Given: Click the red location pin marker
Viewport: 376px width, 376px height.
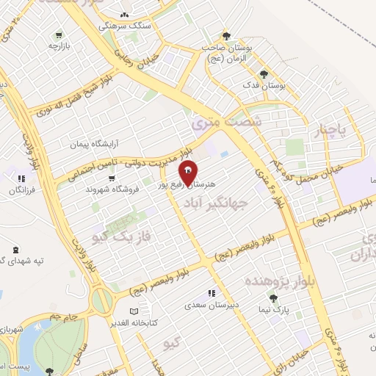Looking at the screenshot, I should point(189,172).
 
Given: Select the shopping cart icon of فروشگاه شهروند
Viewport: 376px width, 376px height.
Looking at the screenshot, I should point(111,178).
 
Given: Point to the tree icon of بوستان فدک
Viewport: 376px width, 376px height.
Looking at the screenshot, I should point(264,73).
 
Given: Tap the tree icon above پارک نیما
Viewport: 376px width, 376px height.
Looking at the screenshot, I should point(273,297).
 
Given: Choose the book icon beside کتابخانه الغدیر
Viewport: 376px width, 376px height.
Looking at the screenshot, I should point(153,309).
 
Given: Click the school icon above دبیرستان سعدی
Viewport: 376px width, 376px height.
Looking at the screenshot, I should point(211,294).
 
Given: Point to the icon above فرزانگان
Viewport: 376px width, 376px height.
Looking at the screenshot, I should point(21,178).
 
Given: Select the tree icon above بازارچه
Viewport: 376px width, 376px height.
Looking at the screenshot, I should point(58,35).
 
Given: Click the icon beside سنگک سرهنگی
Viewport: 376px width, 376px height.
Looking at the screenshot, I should point(124,15).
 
